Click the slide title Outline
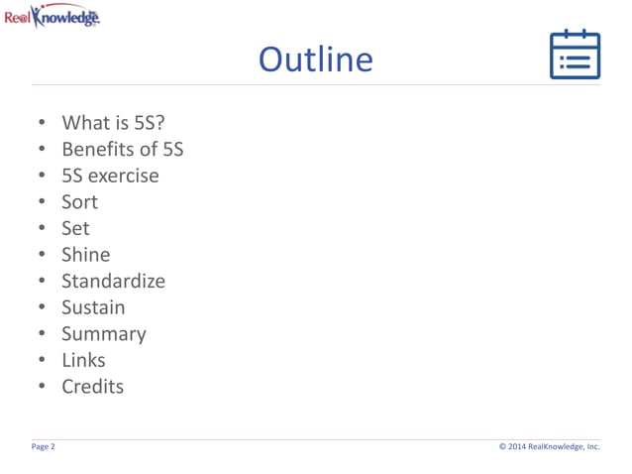click(315, 59)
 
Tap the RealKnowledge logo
click(52, 16)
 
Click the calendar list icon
click(575, 55)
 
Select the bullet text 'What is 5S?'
click(113, 123)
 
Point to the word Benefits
click(98, 150)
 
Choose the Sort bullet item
click(79, 202)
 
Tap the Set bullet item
click(75, 228)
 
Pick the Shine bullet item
click(85, 255)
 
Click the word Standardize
click(113, 281)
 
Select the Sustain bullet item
click(93, 307)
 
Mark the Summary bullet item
click(103, 334)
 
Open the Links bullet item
click(83, 360)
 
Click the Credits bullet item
click(92, 387)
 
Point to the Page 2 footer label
click(44, 447)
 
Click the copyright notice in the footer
click(549, 447)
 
